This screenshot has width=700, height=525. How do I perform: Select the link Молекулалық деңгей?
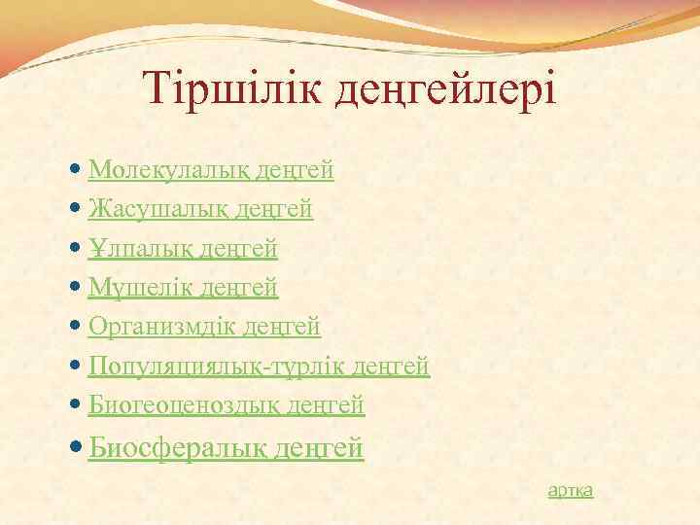coord(211,171)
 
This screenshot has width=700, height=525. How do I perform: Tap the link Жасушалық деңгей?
coord(200,210)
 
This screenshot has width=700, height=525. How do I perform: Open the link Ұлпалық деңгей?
coord(183,249)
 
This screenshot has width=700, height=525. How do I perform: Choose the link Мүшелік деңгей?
coord(183,288)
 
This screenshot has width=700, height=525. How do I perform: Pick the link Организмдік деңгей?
coord(204,327)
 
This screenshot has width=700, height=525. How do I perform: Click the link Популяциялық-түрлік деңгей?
coord(259,367)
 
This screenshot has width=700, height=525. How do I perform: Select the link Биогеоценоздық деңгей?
coord(226,404)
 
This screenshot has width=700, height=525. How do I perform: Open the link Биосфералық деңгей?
coord(226,448)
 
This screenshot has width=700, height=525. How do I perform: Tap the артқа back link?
coord(571,491)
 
